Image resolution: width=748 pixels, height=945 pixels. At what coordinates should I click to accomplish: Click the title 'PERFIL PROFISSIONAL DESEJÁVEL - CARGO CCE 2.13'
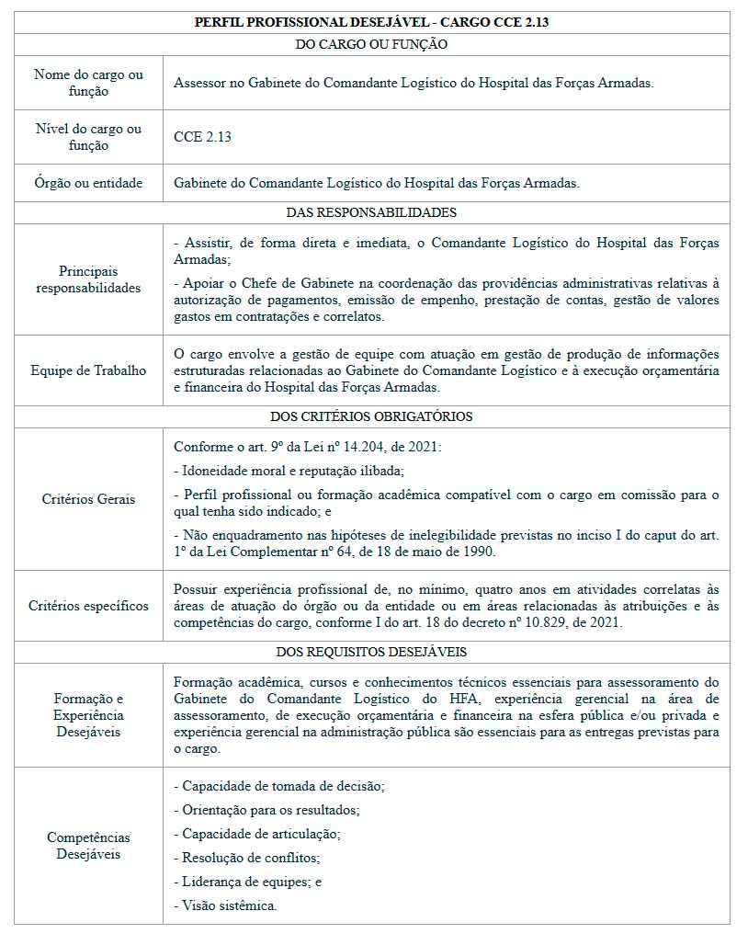point(371,22)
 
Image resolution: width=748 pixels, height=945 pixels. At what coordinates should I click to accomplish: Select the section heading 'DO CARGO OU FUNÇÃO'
point(371,44)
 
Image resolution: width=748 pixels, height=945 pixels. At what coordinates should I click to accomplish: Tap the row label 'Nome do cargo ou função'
point(88,83)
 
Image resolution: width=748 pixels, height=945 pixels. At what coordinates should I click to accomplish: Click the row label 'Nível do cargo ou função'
point(88,137)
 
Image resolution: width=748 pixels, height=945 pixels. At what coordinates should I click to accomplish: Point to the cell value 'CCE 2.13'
point(202,137)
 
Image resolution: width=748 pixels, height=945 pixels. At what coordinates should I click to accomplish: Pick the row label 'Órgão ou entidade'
point(88,183)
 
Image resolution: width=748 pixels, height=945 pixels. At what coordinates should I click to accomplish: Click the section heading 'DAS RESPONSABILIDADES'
point(371,212)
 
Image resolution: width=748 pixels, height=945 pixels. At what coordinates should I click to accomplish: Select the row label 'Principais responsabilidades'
point(88,279)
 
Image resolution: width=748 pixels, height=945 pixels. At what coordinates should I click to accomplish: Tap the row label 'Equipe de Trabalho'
point(88,370)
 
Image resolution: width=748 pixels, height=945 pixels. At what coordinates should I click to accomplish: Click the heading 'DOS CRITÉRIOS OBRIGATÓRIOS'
point(371,416)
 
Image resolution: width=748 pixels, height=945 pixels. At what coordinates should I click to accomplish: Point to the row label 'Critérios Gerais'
point(88,499)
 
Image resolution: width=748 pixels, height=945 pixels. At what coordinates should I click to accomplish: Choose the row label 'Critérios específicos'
point(88,606)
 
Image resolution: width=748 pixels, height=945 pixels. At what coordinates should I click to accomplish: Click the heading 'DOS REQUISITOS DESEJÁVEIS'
point(371,652)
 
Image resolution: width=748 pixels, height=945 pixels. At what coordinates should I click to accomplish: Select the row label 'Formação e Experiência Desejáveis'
point(88,715)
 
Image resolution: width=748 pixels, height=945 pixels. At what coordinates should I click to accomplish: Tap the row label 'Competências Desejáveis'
point(88,846)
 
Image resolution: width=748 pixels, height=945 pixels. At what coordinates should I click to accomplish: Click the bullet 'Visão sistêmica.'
point(225,905)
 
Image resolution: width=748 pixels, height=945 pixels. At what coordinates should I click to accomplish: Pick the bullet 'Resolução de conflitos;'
point(246,858)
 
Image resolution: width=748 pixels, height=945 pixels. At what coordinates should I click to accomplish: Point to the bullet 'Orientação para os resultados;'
point(266,810)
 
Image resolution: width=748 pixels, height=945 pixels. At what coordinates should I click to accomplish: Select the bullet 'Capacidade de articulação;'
point(256,834)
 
